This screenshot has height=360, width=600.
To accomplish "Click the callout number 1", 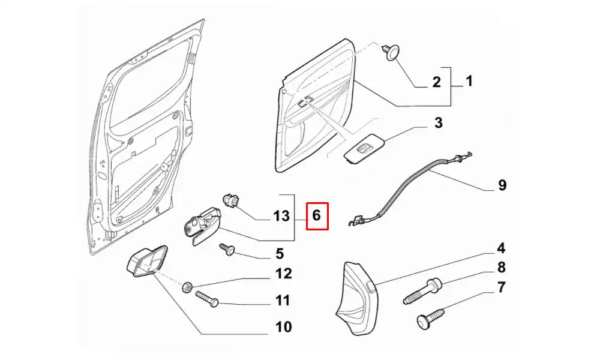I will coord(469,80).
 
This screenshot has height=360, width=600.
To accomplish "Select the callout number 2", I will coord(437,82).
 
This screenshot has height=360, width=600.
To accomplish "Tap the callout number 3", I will coord(438,124).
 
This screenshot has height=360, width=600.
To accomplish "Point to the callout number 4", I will coord(500,248).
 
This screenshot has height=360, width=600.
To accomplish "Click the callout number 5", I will coord(279,254).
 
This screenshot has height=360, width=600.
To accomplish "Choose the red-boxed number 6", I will coord(317,215).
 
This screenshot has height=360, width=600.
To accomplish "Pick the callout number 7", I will coord(500,287).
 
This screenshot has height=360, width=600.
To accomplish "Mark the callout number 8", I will coord(501,268).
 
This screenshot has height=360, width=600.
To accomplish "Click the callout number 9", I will coord(502,185).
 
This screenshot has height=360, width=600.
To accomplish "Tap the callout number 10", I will coord(283,327).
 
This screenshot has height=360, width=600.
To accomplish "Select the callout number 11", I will coord(283,300).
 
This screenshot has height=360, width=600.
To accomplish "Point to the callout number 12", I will coord(283,274).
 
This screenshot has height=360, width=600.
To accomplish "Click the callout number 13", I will coord(281,216).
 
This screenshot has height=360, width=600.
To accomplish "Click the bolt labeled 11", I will coord(206,298).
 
